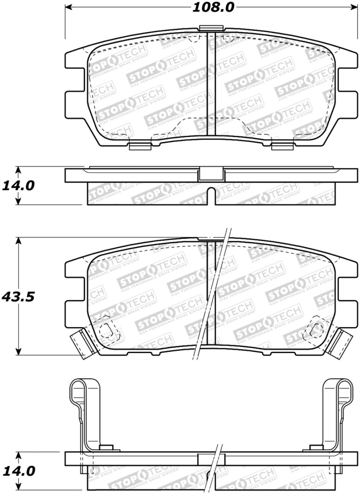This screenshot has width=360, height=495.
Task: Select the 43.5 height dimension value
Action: point(18,297)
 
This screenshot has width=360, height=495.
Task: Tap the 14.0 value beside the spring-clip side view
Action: point(18,471)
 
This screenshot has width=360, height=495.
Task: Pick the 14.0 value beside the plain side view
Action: point(18,185)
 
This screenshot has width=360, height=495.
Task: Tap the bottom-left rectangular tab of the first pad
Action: point(139,145)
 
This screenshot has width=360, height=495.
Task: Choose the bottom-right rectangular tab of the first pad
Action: point(282,145)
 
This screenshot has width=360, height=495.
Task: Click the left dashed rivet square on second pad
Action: point(107,331)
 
